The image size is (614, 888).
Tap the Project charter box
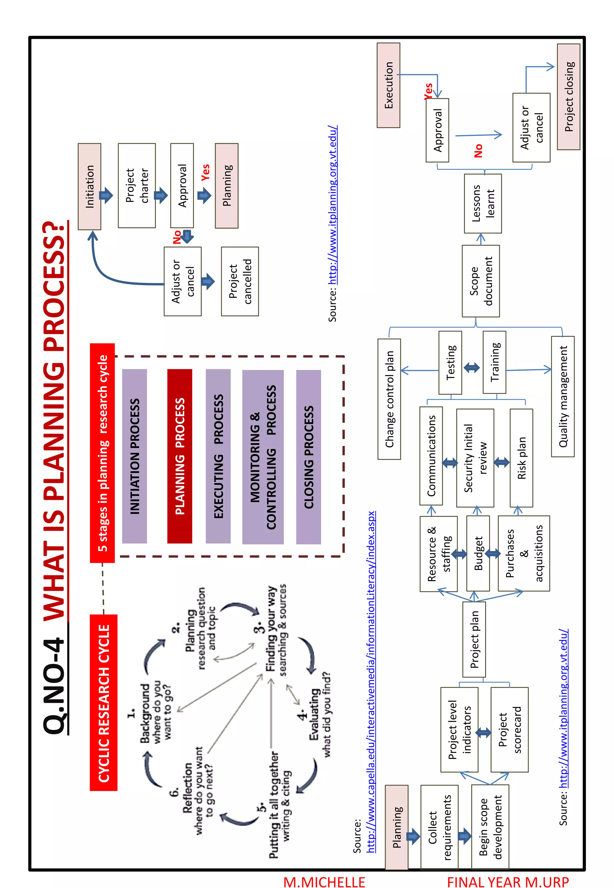click(137, 185)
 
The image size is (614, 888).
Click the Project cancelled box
click(240, 281)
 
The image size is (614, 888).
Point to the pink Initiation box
click(89, 186)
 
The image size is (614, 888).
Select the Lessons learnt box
click(482, 203)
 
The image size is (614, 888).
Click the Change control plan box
click(389, 399)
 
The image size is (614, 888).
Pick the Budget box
click(478, 553)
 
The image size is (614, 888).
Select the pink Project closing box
click(568, 97)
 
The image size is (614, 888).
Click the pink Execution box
click(388, 85)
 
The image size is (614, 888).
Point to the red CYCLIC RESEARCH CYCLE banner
click(103, 703)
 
